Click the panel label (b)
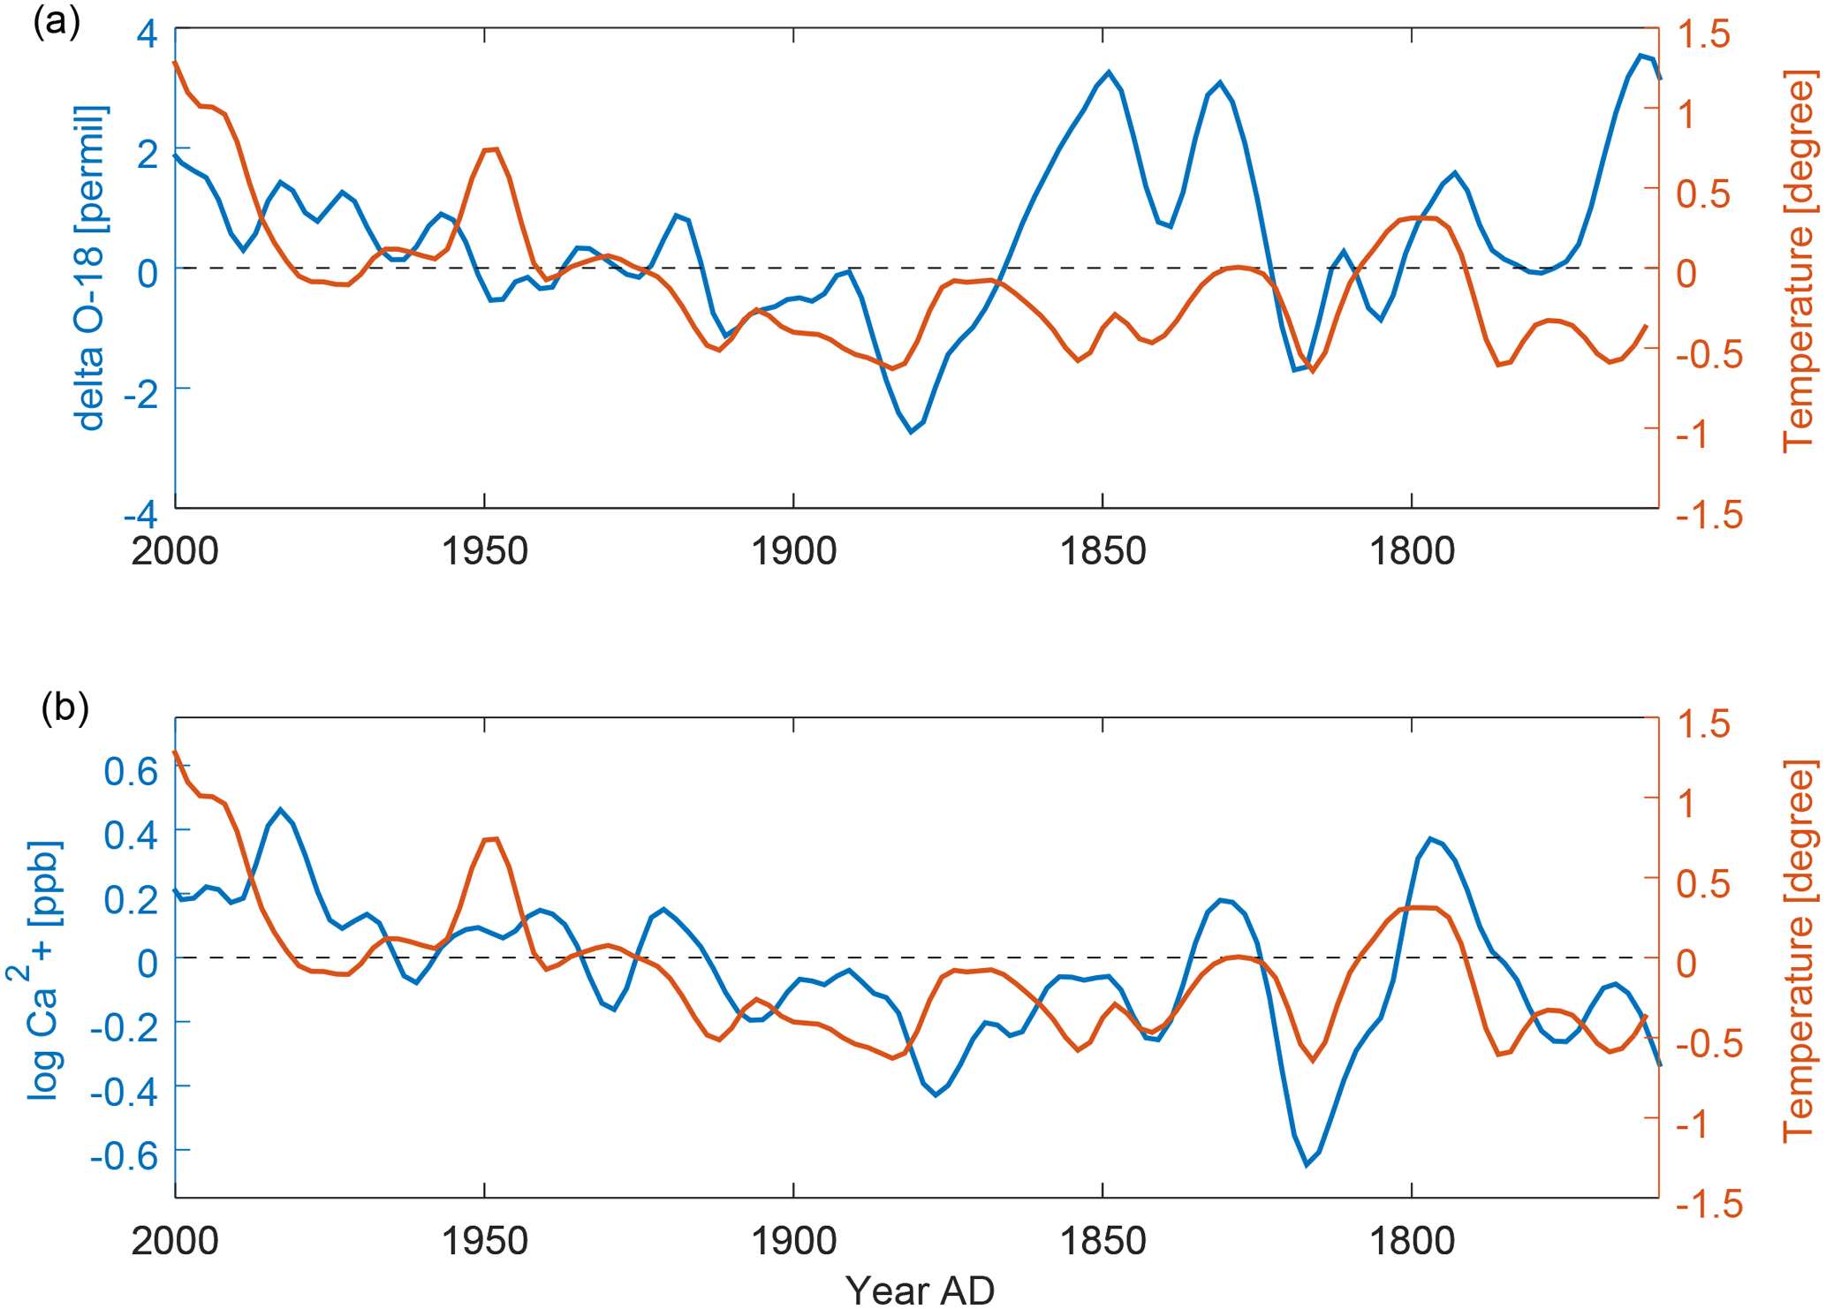pos(64,707)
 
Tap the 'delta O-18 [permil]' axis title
pos(91,269)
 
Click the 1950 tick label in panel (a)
pos(484,551)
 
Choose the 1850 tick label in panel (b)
pos(1102,1241)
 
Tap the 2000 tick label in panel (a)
pos(175,551)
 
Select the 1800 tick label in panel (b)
pos(1411,1241)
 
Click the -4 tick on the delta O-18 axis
pos(140,514)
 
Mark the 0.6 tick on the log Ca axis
pos(131,773)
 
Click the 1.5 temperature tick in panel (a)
pos(1703,35)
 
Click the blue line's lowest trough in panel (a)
pos(911,432)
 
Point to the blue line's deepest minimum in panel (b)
pos(1307,1165)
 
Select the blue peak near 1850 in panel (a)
pos(1109,72)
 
